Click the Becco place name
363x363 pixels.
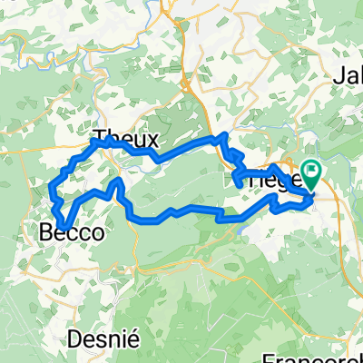pos(70,233)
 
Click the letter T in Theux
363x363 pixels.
pos(101,141)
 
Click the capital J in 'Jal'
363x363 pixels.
pos(340,75)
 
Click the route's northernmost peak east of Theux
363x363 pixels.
pos(221,136)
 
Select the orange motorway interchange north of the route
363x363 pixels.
pos(188,86)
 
